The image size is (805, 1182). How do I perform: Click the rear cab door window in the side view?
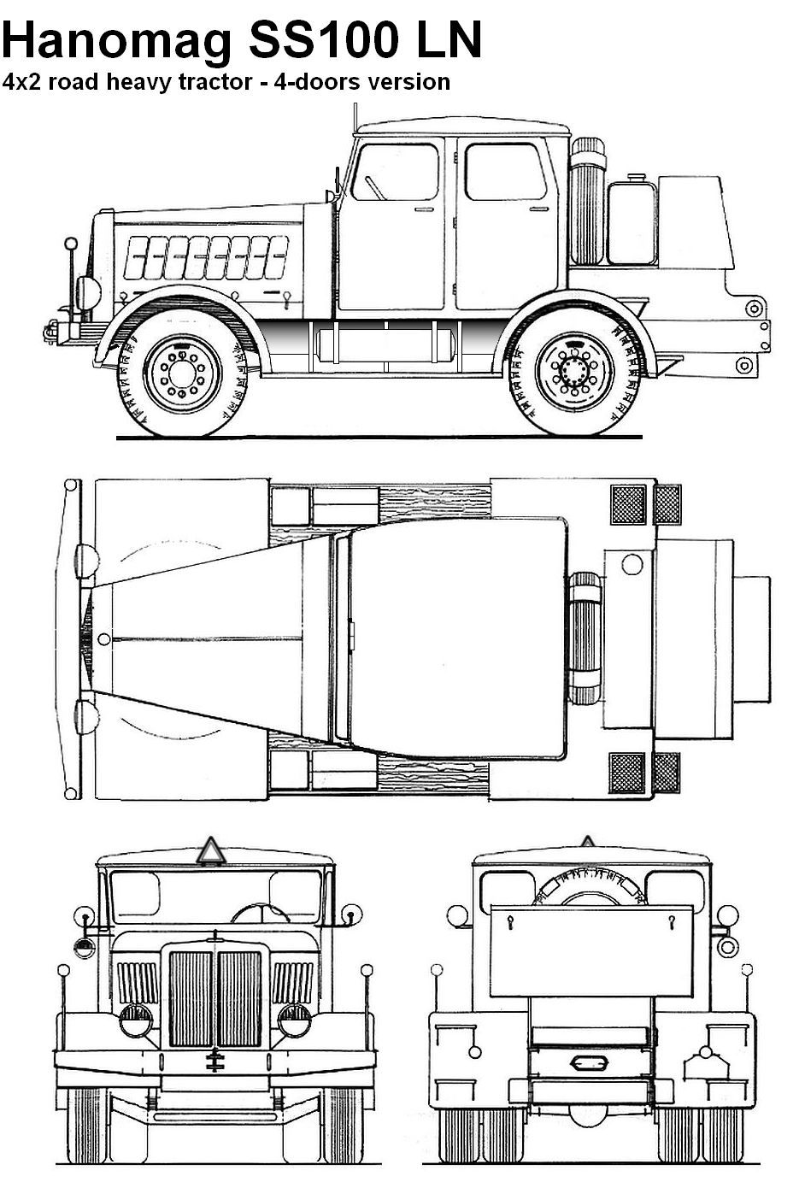point(505,172)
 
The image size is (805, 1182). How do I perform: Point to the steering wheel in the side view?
point(373,185)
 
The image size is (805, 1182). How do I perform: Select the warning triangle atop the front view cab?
point(209,852)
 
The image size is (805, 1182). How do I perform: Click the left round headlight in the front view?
point(135,1020)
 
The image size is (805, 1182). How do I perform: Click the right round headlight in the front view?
point(295,1020)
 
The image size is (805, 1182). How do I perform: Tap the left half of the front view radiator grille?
point(191,998)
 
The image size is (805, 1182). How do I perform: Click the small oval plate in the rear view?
point(587,1062)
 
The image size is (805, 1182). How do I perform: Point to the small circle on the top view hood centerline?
point(103,638)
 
